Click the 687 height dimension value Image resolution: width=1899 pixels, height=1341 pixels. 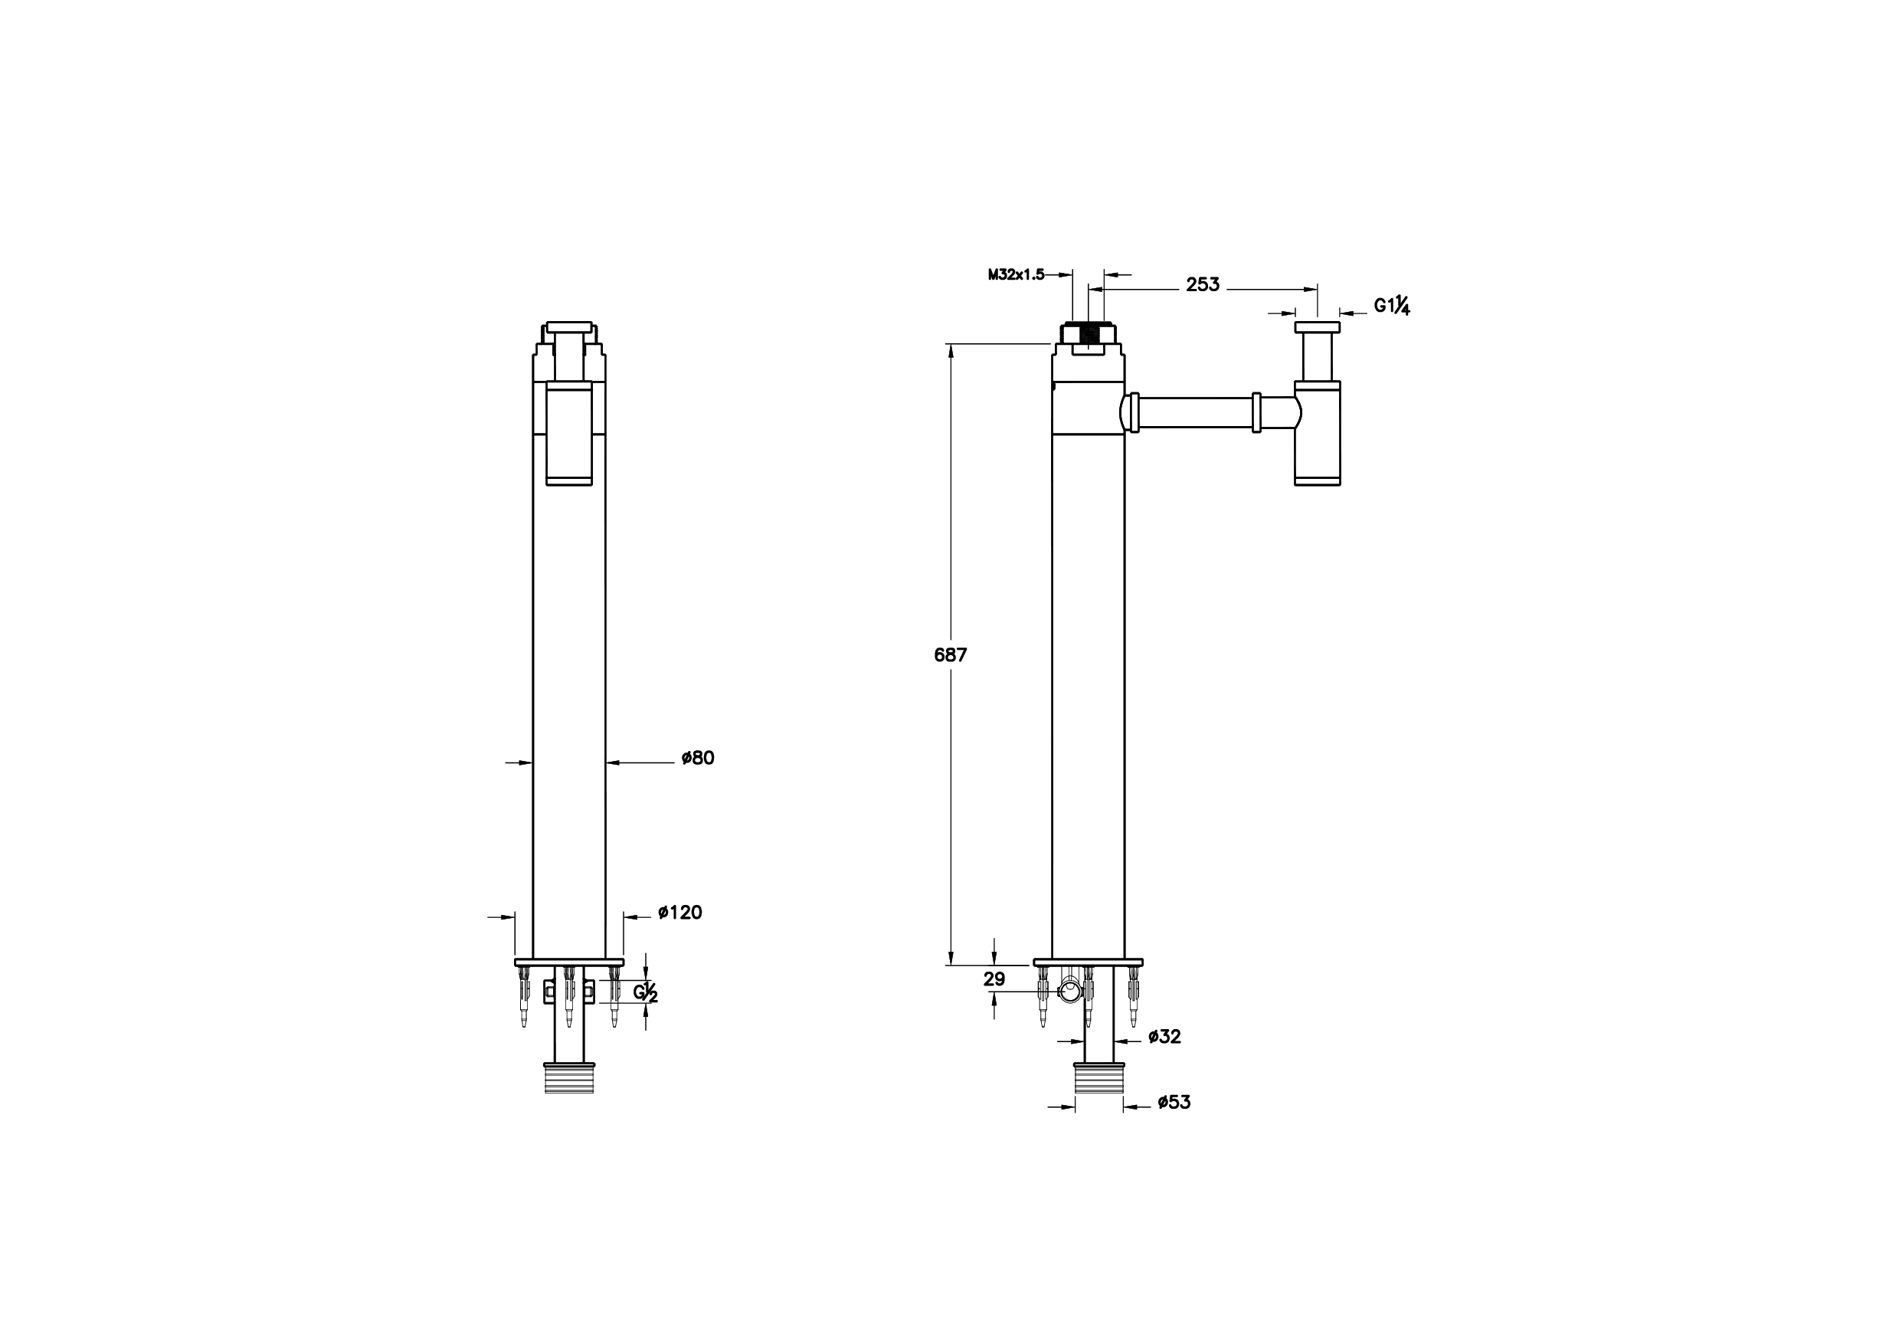click(x=951, y=654)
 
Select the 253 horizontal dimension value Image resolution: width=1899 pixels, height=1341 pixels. click(x=1203, y=284)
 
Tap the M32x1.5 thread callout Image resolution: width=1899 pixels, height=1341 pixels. click(x=1016, y=274)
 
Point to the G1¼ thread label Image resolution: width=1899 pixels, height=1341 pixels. click(x=1392, y=306)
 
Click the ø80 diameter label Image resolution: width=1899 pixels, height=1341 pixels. click(x=697, y=758)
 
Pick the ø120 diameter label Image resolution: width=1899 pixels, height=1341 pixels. click(x=680, y=913)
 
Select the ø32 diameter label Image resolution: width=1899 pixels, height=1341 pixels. click(x=1164, y=1037)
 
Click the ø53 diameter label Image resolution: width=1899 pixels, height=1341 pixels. click(x=1174, y=1102)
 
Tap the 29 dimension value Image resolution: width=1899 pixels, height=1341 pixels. click(x=994, y=979)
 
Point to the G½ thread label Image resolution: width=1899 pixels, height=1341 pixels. click(x=646, y=992)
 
